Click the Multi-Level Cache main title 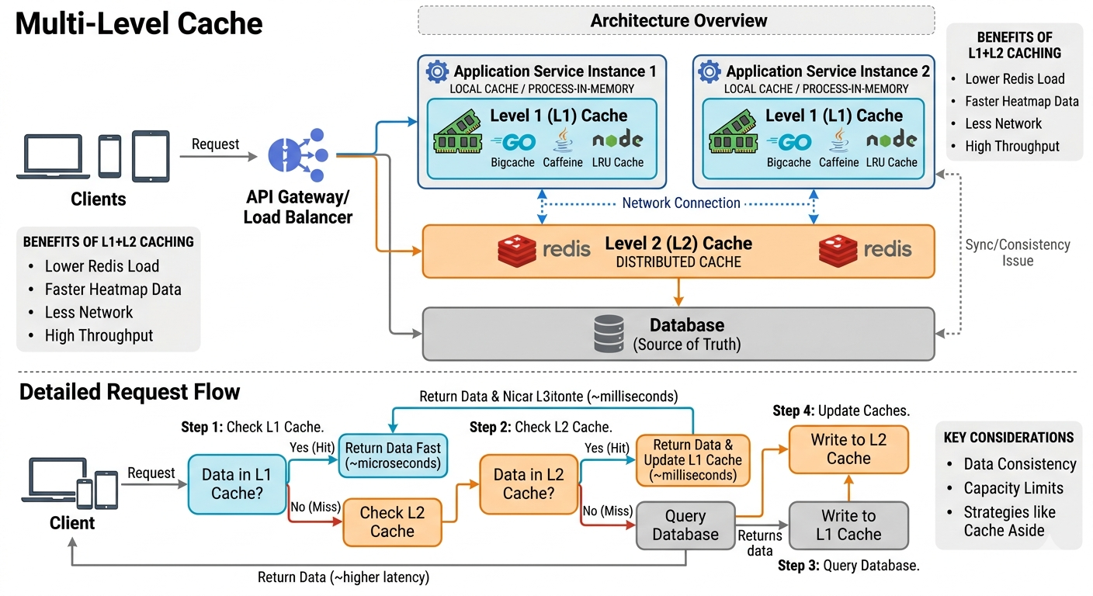140,24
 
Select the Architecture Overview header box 676,20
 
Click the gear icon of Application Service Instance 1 437,71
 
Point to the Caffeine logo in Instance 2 838,141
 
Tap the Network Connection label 681,203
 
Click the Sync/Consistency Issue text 1017,252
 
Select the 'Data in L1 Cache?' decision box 237,484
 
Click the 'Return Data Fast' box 393,456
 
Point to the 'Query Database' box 685,525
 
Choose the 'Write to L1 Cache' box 848,525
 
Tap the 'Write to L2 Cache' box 848,449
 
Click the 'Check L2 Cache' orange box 392,522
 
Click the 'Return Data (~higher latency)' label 343,577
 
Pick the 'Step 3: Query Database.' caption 848,566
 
